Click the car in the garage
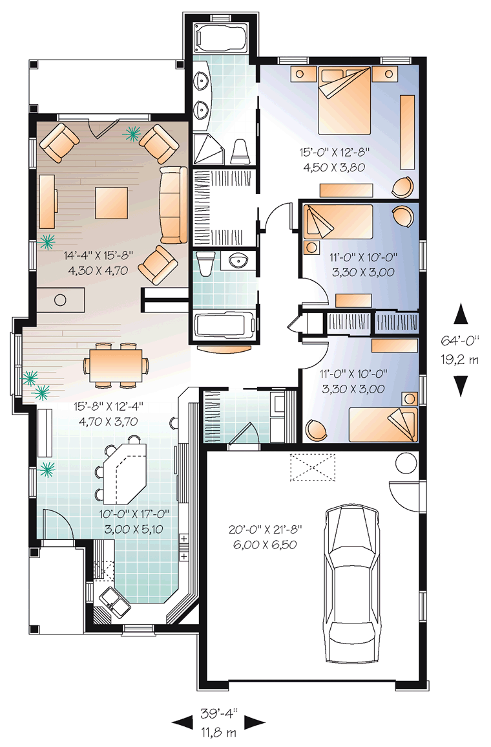[x=353, y=583]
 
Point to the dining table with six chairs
[x=116, y=365]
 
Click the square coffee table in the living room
[x=111, y=202]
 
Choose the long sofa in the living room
[x=174, y=205]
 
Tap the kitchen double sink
[x=114, y=601]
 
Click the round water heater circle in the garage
[x=406, y=462]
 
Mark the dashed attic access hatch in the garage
[x=313, y=468]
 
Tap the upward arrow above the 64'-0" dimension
[x=461, y=315]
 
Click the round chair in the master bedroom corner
[x=403, y=187]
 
